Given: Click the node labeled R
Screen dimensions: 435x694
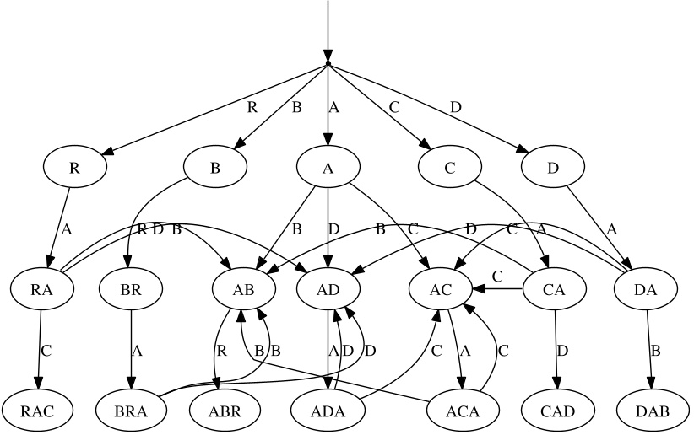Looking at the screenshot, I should tap(74, 167).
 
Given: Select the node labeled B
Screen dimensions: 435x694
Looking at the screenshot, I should tap(215, 167).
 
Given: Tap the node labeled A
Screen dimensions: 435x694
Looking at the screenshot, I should tap(328, 167).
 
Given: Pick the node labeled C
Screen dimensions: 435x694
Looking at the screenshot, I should tap(450, 167).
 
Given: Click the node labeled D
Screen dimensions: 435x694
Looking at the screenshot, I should tap(553, 167).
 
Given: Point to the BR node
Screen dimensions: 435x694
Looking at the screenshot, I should tap(131, 289).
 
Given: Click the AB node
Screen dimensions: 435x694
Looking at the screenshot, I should tap(243, 289).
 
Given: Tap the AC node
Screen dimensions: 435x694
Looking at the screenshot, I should tap(441, 289).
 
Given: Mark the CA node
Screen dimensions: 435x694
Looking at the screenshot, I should tap(555, 289).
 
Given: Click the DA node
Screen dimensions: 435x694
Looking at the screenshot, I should tap(645, 289).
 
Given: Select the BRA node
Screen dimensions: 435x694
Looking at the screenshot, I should tap(131, 411).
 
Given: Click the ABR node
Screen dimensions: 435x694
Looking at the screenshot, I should tap(224, 411).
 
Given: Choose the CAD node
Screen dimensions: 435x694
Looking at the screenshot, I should tap(558, 411).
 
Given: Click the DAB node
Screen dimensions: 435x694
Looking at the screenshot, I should tap(652, 411).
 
